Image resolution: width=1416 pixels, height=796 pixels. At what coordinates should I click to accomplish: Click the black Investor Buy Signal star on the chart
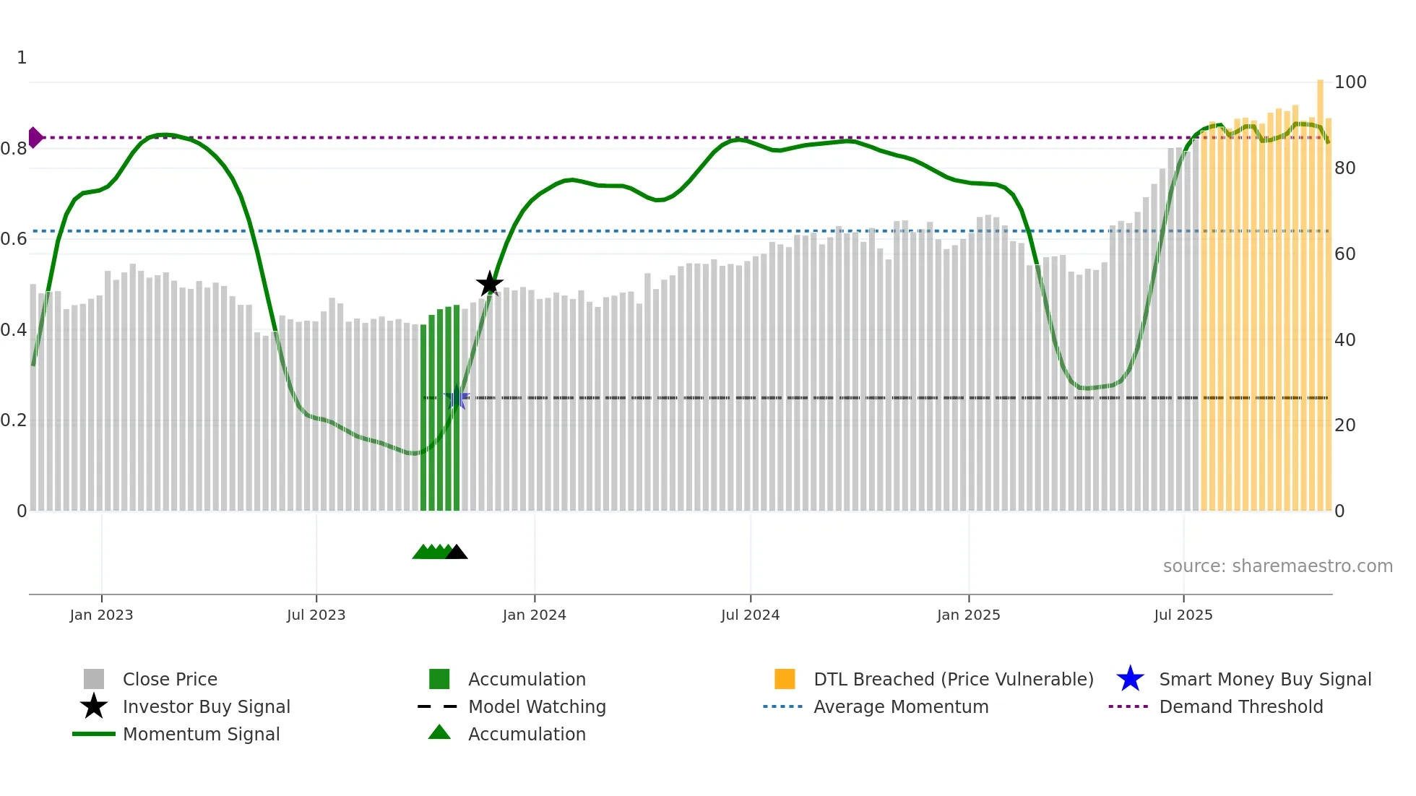pos(489,284)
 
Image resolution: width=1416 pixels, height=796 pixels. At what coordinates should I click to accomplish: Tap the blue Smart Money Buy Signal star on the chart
pos(456,398)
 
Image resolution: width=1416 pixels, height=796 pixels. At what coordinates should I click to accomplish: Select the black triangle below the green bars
pos(457,553)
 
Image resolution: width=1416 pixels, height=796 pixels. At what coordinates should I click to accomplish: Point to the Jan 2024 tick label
pos(534,615)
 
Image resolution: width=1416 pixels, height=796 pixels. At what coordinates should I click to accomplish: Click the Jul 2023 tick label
pos(316,615)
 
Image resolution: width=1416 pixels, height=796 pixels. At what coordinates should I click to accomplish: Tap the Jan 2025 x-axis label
pos(968,615)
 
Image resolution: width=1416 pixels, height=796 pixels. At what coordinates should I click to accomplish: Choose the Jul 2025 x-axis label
pos(1183,615)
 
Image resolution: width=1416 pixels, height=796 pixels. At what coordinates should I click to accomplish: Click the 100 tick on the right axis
pos(1350,82)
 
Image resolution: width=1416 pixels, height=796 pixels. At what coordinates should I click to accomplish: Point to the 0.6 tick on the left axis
pos(14,239)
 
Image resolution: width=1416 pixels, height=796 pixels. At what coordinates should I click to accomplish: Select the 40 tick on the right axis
pos(1344,339)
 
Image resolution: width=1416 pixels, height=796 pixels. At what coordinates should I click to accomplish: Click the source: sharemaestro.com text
pos(1277,566)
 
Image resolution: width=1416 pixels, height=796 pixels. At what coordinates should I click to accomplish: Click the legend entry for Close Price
pos(169,679)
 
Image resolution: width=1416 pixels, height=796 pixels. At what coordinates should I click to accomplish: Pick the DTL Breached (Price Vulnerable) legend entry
pos(953,679)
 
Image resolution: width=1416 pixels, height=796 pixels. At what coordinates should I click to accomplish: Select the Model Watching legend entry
pos(536,706)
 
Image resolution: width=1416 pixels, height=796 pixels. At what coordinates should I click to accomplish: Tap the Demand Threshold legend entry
pos(1240,706)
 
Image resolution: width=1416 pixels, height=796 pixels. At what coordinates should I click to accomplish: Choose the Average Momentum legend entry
pos(900,706)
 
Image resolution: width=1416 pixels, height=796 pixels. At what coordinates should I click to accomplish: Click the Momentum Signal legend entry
pos(201,734)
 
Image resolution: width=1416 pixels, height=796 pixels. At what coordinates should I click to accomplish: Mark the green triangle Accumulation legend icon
pos(439,732)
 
